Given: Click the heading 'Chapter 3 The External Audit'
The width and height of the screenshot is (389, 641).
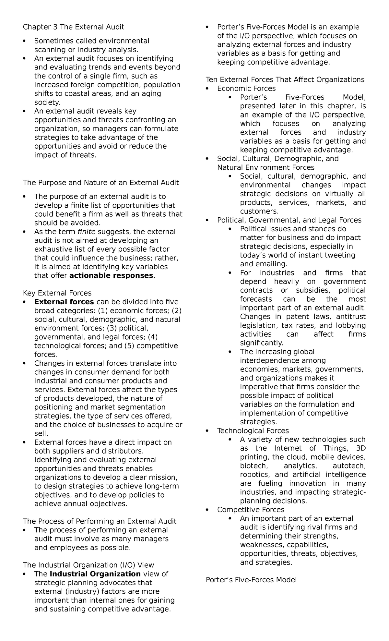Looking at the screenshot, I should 74,27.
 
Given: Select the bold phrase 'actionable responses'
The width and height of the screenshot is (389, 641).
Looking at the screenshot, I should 111,275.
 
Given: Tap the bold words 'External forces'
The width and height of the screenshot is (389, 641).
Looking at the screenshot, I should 64,302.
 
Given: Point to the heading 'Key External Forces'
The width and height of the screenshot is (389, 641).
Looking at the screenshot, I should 57,293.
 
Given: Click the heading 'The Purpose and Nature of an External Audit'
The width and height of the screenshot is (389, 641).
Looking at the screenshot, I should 101,183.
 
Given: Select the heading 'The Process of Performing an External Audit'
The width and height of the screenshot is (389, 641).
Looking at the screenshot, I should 100,521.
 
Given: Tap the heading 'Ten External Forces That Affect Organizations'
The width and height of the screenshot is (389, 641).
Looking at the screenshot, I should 285,79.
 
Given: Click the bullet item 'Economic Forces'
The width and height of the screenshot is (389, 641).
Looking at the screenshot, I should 246,89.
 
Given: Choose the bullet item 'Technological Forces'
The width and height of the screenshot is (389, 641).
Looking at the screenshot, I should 253,430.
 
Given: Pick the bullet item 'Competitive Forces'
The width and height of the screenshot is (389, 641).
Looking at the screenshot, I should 251,509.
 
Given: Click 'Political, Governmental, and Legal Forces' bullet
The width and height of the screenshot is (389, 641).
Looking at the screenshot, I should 289,220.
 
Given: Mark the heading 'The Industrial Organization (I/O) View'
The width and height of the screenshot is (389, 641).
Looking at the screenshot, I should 88,565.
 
